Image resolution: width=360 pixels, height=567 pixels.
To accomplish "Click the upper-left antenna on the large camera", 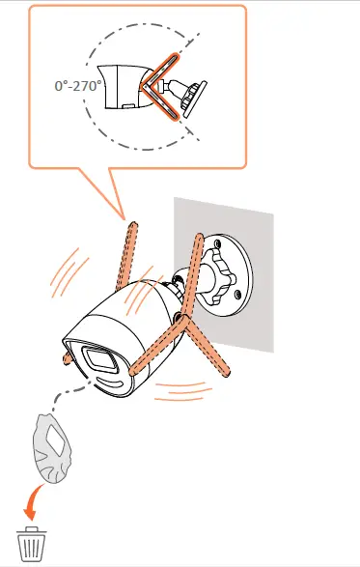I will tap(138, 262).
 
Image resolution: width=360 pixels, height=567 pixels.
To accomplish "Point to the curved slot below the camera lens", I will tap(113, 386).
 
